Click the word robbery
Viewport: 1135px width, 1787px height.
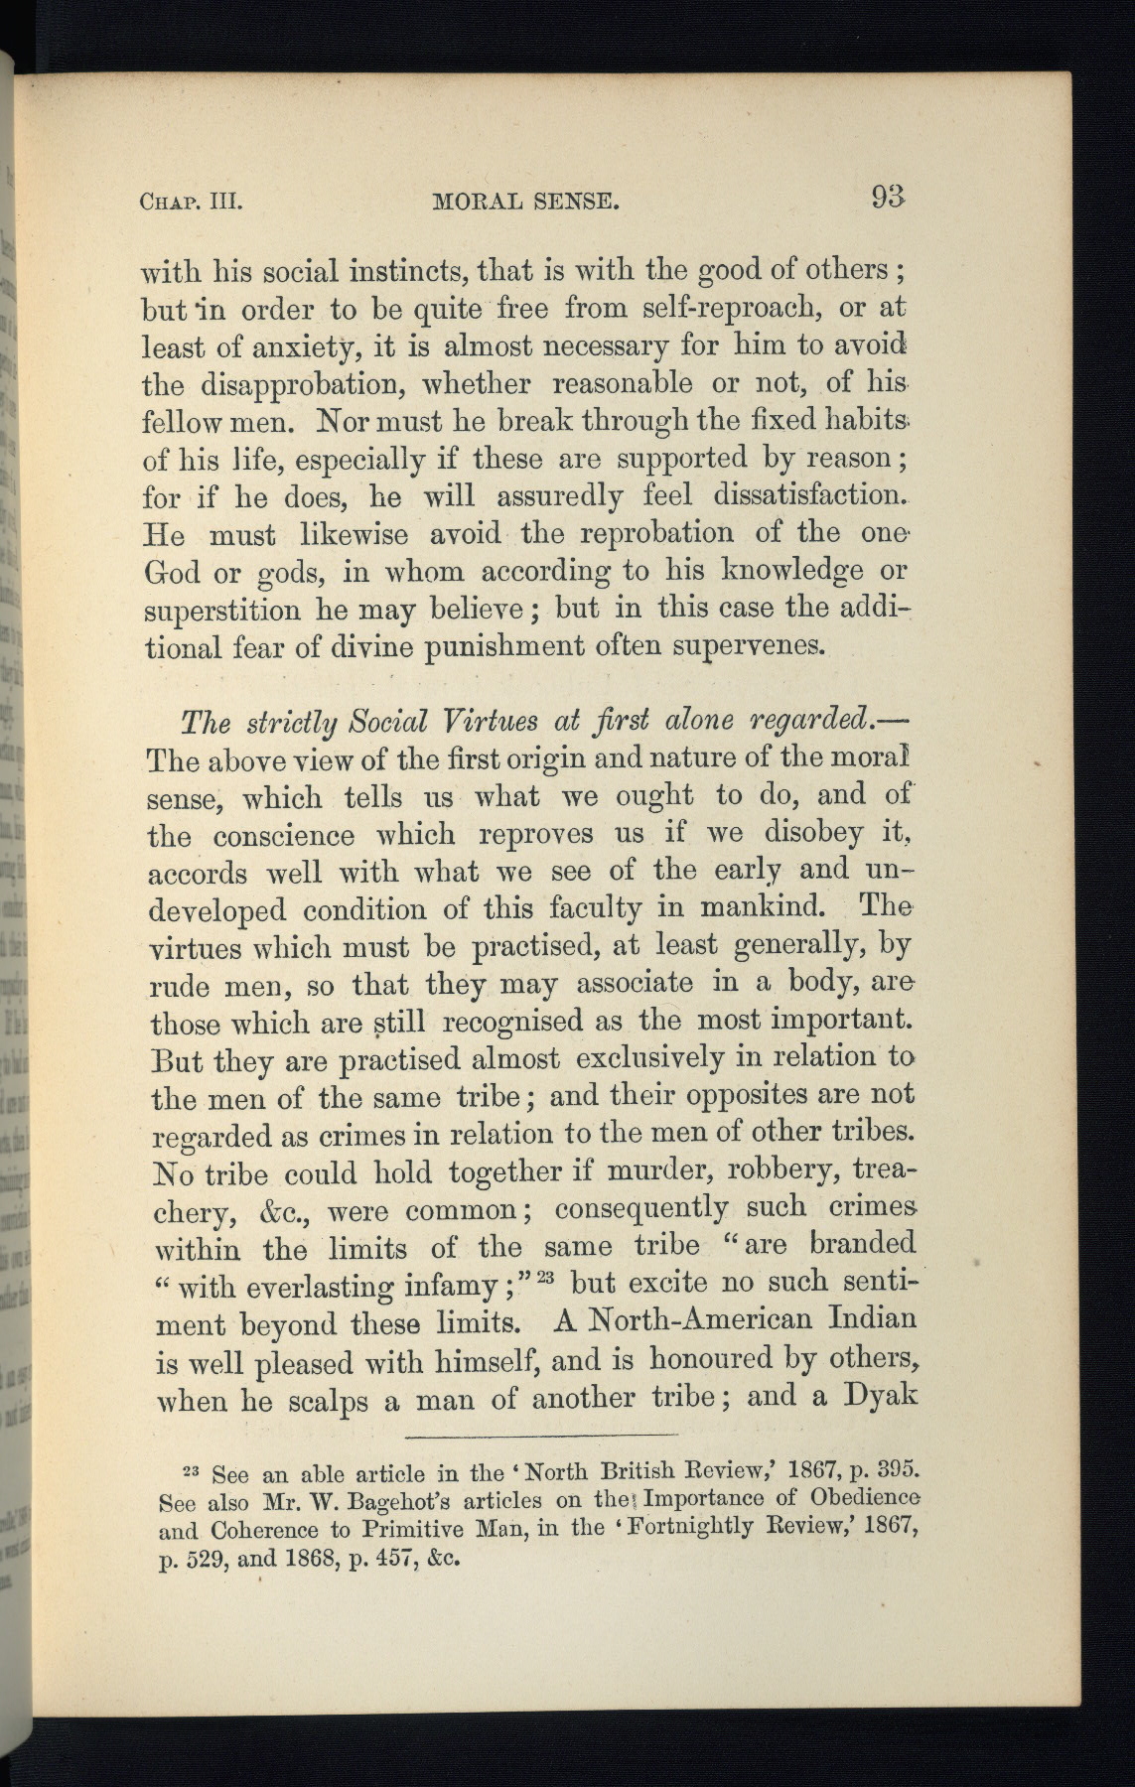pyautogui.click(x=765, y=1172)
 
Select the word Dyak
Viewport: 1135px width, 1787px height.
pyautogui.click(x=877, y=1397)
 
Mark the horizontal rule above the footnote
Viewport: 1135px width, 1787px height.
pyautogui.click(x=541, y=1436)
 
